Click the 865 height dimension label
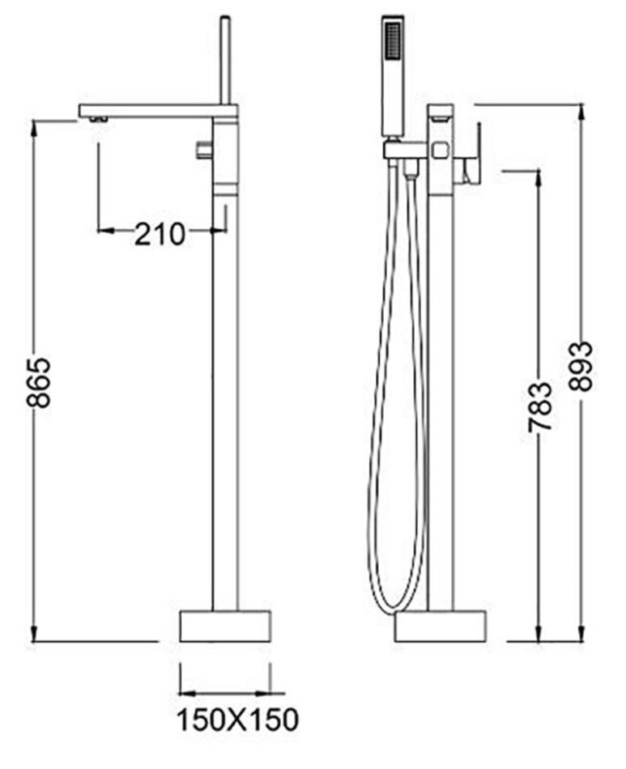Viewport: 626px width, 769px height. point(38,383)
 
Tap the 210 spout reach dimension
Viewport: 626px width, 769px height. point(160,234)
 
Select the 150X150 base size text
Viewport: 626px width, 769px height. point(237,720)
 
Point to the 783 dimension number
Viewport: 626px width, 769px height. point(539,406)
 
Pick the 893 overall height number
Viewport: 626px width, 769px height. point(581,366)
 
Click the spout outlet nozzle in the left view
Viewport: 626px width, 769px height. point(98,119)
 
